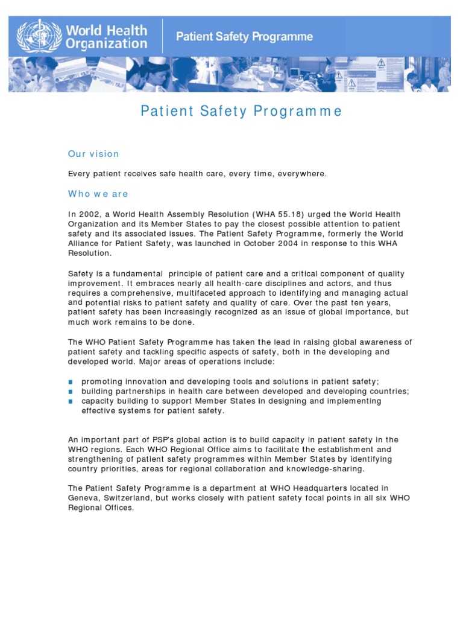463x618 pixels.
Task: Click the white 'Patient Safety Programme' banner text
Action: click(244, 37)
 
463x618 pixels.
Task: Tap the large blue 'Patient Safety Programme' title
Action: click(241, 111)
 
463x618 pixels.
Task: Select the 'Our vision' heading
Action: click(93, 154)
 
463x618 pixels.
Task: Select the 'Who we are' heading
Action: click(98, 194)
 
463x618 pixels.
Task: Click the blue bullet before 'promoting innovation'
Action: click(71, 381)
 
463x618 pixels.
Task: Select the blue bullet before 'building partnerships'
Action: click(71, 391)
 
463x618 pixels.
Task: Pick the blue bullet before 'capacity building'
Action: click(71, 401)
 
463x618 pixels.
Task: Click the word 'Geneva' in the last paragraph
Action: click(83, 498)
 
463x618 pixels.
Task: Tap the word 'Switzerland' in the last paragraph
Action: click(132, 498)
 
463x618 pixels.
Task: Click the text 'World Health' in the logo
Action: click(106, 30)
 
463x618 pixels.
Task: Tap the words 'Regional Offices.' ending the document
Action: click(101, 508)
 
